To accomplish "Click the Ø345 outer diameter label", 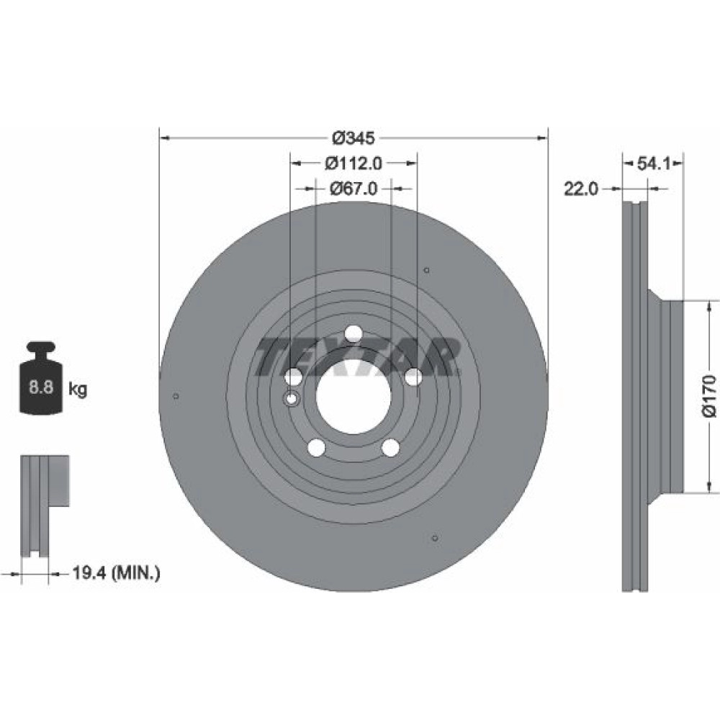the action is (353, 138).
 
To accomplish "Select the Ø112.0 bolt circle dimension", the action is (354, 163).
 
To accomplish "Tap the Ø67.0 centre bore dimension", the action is (354, 188).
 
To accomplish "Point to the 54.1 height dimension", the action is (654, 163).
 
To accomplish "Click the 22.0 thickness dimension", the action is (581, 188).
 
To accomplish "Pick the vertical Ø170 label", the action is (709, 396).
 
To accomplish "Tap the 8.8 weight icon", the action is (42, 377).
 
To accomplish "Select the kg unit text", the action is (78, 390).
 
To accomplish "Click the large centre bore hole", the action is (354, 397).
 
